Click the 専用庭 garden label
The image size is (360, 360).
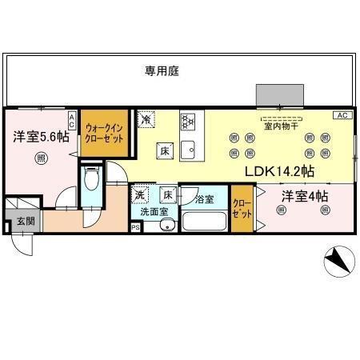[162, 70]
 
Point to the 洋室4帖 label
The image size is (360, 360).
[303, 195]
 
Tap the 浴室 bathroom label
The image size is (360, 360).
[203, 198]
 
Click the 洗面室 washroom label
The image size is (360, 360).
[154, 213]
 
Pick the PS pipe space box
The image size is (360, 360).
[135, 227]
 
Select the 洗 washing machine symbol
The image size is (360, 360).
[141, 194]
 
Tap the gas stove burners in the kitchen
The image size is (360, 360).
[189, 122]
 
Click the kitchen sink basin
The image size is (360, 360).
[189, 149]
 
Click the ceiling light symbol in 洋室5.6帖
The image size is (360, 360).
[40, 159]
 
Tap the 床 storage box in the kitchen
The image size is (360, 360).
[162, 150]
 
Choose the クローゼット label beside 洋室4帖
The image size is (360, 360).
[242, 210]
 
